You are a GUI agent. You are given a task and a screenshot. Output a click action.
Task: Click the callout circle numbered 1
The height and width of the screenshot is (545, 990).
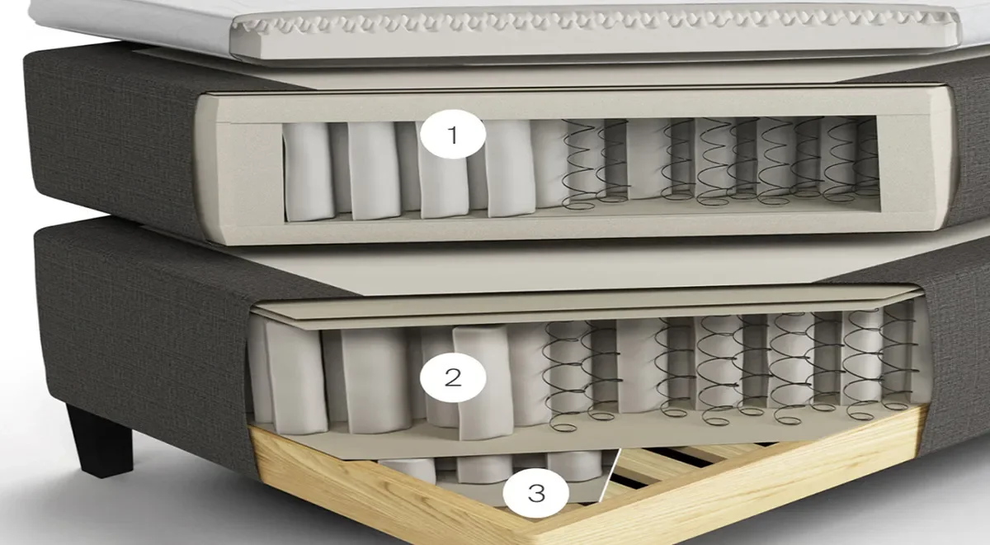453,134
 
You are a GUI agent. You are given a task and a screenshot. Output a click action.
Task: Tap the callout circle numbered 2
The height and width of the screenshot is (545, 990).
453,377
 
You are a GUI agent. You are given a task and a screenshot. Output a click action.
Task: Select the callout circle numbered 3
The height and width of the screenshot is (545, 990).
535,492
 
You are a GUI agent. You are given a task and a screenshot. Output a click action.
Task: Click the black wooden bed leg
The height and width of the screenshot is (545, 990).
100,440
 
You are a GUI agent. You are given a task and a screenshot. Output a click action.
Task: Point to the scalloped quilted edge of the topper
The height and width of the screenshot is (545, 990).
587,23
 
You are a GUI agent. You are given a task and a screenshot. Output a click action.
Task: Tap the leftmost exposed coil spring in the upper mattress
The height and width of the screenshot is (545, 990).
580,163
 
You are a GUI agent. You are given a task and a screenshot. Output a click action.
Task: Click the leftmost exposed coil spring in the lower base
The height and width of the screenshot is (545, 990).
566,376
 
